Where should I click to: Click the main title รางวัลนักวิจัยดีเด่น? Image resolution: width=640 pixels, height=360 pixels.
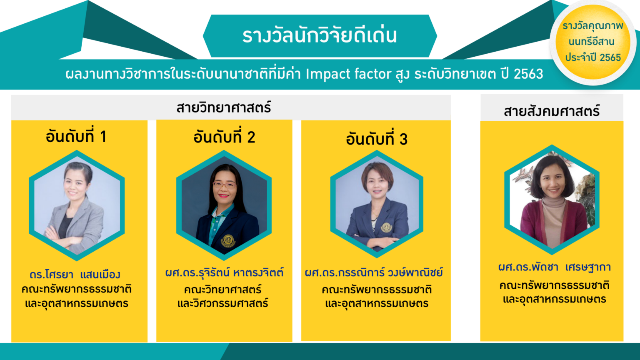coord(320,35)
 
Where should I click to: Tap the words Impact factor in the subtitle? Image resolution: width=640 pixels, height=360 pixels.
coord(349,74)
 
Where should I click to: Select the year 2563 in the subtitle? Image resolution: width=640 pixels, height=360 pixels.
coord(528,74)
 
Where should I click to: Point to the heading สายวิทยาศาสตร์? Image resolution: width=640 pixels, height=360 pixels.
coord(223,108)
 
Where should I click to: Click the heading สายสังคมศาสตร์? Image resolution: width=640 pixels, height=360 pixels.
coord(552,110)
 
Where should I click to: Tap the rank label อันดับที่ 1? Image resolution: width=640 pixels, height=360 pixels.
coord(76,136)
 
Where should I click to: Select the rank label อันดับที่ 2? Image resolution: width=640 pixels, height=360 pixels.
coord(224,137)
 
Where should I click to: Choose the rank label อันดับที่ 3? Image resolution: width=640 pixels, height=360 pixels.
coord(377,139)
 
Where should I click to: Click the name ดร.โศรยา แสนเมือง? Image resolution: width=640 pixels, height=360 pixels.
coord(75,275)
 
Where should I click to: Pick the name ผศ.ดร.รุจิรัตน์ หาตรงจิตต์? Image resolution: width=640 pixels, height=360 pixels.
coord(224,272)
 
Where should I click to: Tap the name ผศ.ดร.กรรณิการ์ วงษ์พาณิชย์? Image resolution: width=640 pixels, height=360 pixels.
coord(374,272)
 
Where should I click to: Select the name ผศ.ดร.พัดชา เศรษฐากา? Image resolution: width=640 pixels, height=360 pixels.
coord(554,267)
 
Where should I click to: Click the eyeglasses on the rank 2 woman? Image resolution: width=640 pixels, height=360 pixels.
coord(224,185)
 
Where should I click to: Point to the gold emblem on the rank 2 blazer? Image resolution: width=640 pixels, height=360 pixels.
coord(228,241)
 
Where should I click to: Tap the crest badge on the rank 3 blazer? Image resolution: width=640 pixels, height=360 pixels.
coord(386,227)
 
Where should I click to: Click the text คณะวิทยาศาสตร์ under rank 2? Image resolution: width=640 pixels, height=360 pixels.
coord(222,290)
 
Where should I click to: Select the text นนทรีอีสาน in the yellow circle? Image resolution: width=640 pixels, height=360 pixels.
coord(591,42)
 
